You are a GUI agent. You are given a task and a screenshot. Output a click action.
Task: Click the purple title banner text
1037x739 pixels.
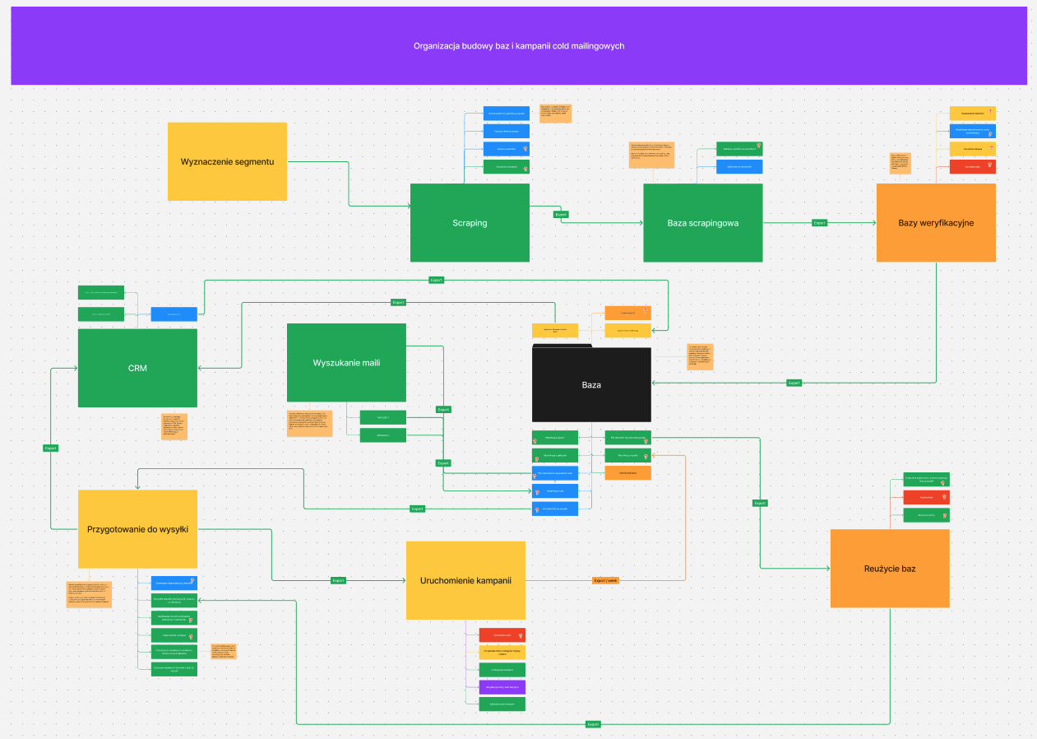coord(519,46)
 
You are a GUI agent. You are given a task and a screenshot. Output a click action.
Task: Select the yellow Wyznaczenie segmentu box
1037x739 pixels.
coord(227,161)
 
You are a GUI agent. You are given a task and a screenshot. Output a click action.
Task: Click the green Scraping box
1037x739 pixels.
coord(470,223)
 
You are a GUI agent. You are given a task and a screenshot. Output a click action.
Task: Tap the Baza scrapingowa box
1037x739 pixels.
coord(702,223)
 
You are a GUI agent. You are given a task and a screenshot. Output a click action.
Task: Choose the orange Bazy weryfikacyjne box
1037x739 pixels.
coord(936,223)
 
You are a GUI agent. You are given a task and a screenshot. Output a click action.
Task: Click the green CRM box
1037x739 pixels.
coord(137,368)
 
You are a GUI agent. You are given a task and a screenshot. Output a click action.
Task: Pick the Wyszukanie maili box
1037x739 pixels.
coord(346,363)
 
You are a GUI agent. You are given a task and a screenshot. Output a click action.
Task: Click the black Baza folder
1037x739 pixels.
coord(591,384)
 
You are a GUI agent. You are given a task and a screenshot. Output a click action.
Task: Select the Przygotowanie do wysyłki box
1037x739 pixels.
coord(137,529)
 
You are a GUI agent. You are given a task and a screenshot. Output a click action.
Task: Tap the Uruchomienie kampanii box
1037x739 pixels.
coord(465,580)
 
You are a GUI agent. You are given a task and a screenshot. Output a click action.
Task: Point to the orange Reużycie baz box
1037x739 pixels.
coord(890,569)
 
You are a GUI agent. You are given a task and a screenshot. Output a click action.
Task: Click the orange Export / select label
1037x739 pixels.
coord(605,580)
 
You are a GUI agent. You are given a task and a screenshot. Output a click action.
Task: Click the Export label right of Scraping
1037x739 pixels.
coord(562,214)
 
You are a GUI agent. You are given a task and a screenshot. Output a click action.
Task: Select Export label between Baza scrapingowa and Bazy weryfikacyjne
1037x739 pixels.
coord(819,223)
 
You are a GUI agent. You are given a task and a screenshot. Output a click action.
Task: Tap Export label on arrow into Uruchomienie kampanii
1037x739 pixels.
coord(338,580)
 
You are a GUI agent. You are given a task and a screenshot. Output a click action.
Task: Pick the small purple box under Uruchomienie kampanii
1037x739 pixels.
coord(502,686)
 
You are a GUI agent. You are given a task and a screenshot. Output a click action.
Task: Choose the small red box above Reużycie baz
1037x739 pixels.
coord(926,497)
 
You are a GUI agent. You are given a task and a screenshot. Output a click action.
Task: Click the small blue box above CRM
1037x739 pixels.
coord(174,314)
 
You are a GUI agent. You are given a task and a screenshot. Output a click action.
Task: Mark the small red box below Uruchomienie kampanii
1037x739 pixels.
coord(502,634)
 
